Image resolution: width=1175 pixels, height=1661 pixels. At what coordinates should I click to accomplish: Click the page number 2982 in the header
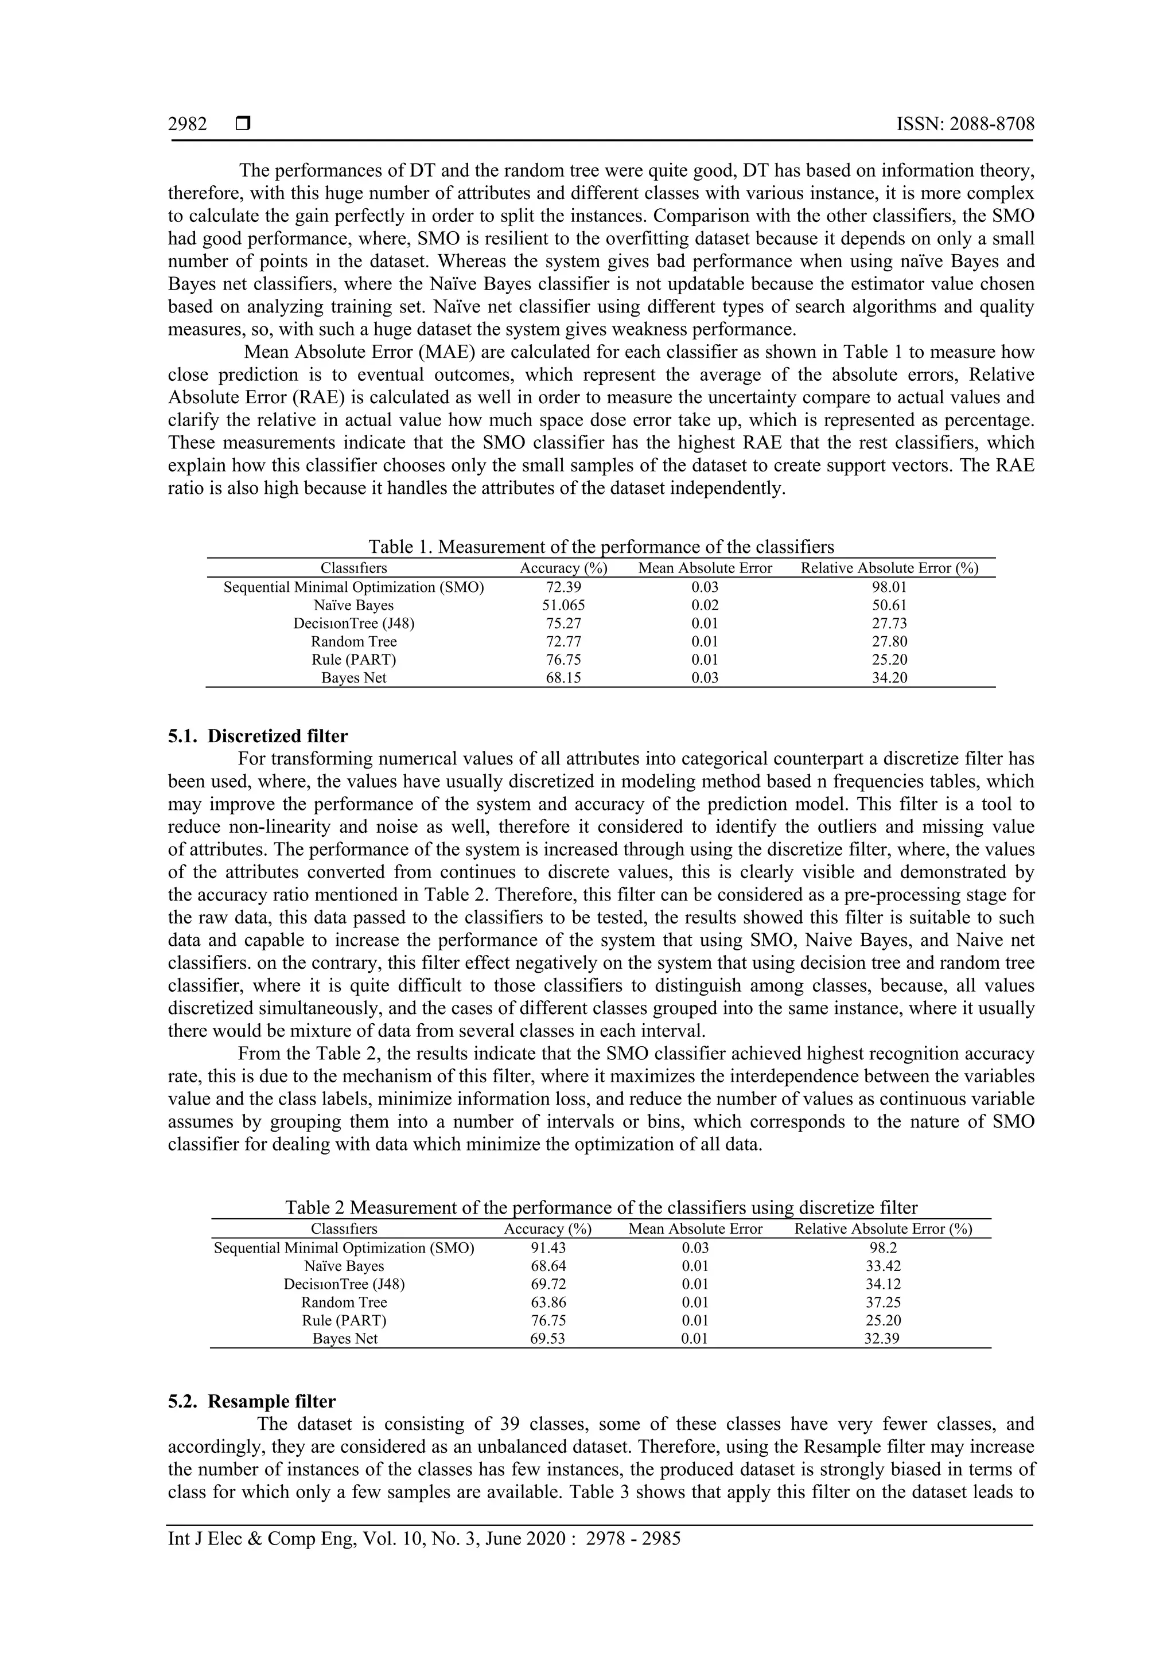click(188, 124)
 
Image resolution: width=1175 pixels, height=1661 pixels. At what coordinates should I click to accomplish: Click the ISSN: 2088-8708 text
click(965, 124)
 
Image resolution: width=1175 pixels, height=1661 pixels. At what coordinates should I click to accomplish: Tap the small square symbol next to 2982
click(242, 124)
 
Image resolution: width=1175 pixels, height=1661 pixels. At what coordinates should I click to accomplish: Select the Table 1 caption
click(601, 546)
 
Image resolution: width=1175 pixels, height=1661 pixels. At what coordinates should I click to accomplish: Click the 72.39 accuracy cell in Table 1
click(563, 587)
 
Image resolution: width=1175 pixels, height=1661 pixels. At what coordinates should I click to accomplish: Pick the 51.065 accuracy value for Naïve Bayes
click(563, 606)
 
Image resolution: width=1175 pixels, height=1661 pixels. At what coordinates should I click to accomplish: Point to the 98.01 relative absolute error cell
click(889, 587)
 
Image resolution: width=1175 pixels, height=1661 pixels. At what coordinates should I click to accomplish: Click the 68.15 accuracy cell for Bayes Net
click(563, 678)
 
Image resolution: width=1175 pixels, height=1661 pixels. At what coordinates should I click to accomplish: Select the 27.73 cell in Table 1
click(889, 623)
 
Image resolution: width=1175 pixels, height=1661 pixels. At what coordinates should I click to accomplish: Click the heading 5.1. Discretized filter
click(258, 736)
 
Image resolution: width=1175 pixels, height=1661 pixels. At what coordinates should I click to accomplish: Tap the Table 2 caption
click(601, 1207)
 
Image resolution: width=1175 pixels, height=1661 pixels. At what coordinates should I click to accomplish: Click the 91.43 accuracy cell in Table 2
click(548, 1248)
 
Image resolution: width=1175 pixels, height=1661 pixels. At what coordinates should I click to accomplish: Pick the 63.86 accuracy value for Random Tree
click(548, 1302)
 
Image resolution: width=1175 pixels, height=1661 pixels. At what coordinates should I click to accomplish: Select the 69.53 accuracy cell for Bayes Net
click(548, 1338)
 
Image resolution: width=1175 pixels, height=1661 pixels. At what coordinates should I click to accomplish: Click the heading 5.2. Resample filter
click(252, 1401)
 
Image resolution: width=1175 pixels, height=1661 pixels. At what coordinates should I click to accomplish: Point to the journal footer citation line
click(424, 1538)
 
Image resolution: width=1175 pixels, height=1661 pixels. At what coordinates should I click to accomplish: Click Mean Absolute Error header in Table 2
click(695, 1229)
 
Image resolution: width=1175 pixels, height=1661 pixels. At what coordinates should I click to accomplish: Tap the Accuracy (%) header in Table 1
click(563, 568)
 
